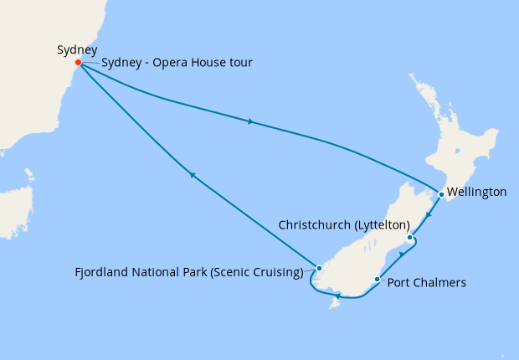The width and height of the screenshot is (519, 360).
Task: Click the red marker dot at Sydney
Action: click(78, 63)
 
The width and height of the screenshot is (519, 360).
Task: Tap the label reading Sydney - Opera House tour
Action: click(177, 64)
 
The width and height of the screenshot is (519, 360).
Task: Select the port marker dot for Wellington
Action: click(441, 194)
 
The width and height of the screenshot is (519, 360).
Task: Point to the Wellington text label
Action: click(477, 193)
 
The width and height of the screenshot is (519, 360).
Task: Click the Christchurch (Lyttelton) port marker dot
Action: click(409, 238)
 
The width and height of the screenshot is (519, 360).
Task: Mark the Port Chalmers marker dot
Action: click(378, 280)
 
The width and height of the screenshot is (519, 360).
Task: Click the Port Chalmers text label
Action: click(426, 283)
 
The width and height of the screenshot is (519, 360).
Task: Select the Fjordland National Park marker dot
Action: click(319, 269)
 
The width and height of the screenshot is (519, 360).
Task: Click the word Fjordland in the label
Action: click(100, 271)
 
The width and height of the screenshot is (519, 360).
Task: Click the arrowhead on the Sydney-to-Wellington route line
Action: click(249, 121)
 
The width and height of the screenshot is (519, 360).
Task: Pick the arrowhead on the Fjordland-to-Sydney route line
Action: click(192, 175)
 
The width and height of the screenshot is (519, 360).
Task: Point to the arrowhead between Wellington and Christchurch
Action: click(428, 215)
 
